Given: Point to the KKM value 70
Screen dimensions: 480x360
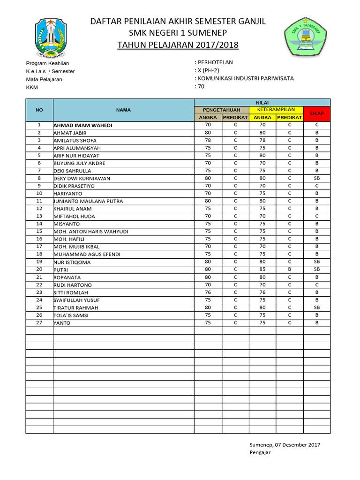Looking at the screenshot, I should point(201,86).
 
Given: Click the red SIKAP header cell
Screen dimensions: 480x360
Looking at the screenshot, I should point(317,114).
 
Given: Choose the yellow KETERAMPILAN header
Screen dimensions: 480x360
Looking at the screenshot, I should point(276,110).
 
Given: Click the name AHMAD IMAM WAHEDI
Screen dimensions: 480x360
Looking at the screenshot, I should point(83,125).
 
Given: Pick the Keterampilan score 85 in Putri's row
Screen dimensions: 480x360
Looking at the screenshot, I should point(262,270).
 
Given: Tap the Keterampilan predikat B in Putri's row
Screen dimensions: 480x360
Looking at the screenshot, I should point(290,270).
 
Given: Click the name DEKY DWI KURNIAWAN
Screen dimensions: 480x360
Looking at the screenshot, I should point(82,178).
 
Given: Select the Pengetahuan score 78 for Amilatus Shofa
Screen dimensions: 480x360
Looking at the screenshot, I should point(208,140).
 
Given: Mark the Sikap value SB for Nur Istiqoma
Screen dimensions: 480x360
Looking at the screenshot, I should point(317,262).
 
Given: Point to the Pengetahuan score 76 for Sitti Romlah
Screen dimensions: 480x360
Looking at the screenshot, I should point(208,292).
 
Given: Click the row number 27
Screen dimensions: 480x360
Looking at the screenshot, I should point(39,322).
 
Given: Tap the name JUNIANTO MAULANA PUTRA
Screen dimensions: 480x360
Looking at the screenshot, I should point(88,201).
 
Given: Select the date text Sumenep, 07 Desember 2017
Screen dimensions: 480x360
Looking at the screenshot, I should point(285,445).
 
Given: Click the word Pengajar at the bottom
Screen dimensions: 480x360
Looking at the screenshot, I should point(260,453).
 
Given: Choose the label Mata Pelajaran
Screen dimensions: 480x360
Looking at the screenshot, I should point(44,79).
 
